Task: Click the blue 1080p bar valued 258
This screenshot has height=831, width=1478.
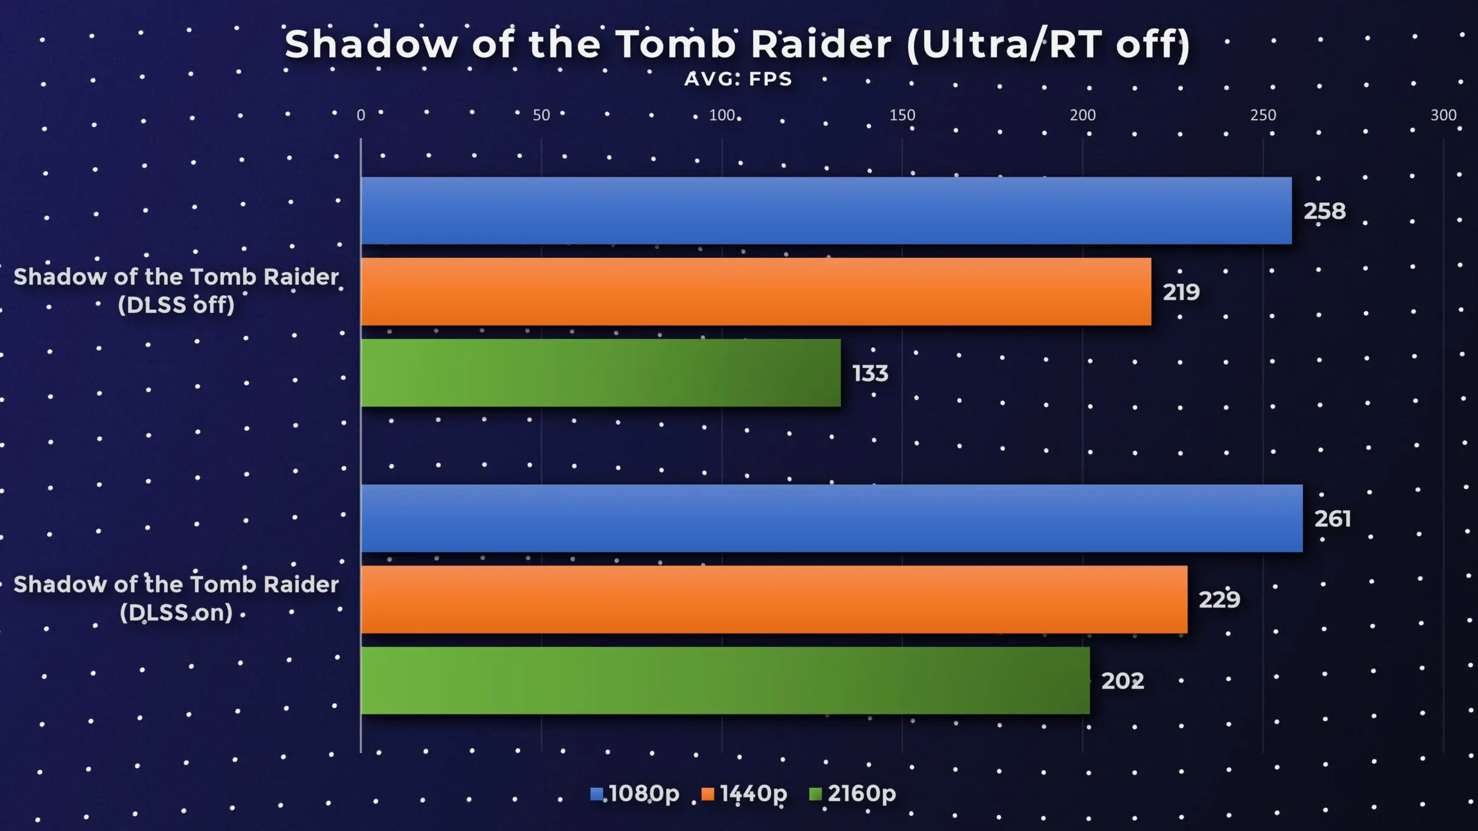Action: tap(826, 210)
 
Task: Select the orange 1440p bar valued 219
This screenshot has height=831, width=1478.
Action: tap(756, 291)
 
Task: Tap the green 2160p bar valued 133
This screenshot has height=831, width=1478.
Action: tap(601, 372)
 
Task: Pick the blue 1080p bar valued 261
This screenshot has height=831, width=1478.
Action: tap(832, 518)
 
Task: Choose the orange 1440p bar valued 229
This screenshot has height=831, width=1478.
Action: tap(774, 599)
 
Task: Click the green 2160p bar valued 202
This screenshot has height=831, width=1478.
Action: tap(725, 680)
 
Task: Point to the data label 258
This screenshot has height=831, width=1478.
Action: tap(1325, 211)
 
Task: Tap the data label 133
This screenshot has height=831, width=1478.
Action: tap(870, 374)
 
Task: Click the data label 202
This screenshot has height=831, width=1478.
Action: tap(1123, 681)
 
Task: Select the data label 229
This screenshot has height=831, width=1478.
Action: tap(1220, 600)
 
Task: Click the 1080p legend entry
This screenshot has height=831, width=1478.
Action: tap(635, 793)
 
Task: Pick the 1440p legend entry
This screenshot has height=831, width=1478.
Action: tap(744, 793)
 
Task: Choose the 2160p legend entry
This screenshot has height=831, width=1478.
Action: tap(853, 793)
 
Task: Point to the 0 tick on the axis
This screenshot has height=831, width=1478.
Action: tap(361, 115)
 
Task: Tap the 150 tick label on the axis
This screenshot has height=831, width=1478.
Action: tap(902, 115)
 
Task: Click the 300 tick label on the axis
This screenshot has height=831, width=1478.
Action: tap(1443, 115)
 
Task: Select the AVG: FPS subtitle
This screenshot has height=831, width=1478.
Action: tap(738, 79)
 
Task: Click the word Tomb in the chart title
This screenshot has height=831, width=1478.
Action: tap(675, 44)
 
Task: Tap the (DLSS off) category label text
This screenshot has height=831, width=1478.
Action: tap(176, 305)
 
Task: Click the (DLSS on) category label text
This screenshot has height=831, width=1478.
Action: tap(176, 612)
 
